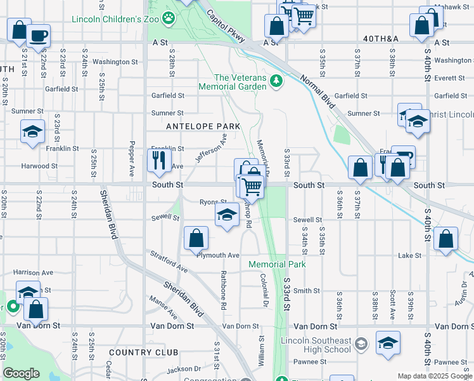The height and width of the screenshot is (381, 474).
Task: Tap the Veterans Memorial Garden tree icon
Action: (276, 81)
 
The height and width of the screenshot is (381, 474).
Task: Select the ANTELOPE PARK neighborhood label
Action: (203, 126)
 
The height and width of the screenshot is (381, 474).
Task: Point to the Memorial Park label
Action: (277, 264)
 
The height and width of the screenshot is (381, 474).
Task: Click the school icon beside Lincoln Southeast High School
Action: (361, 344)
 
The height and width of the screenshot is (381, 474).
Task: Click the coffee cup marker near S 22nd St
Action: (38, 35)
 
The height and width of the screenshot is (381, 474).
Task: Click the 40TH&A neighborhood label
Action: (381, 39)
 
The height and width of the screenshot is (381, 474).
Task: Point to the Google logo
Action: (21, 373)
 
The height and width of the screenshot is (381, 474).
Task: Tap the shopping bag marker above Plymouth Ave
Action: (196, 238)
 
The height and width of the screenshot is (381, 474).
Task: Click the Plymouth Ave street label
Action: (217, 255)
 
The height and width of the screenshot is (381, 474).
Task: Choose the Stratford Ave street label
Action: (169, 262)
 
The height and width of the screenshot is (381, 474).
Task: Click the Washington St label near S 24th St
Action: (115, 62)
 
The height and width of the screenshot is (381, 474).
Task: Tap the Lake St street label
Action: (409, 255)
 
